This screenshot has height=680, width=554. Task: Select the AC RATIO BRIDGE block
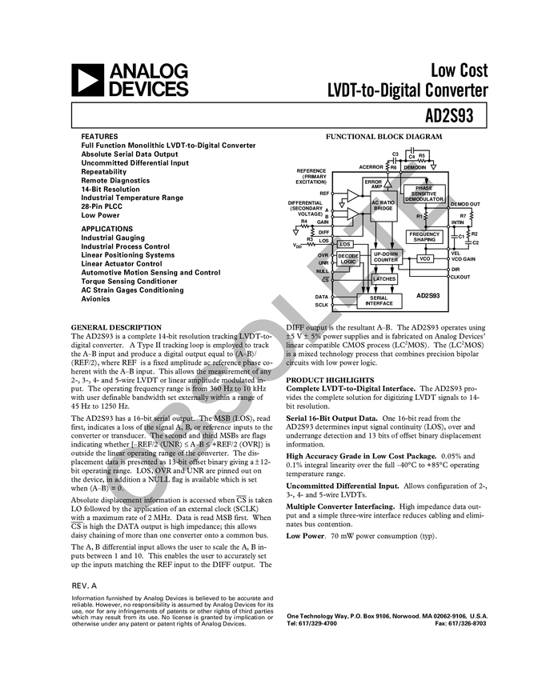[x=383, y=205]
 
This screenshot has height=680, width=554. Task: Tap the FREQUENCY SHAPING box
[x=424, y=237]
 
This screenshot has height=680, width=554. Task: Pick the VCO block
[x=424, y=259]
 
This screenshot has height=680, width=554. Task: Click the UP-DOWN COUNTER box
[x=385, y=257]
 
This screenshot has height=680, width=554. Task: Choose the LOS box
[x=345, y=244]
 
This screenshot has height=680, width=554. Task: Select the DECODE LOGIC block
[x=347, y=258]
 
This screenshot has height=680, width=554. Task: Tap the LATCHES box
[x=384, y=279]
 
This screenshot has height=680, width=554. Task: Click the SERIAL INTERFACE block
[x=379, y=301]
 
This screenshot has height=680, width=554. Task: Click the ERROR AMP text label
[x=373, y=184]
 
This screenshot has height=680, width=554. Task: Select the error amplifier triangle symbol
[x=388, y=183]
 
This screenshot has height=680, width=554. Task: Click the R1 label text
[x=419, y=216]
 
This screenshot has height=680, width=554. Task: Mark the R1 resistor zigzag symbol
[x=427, y=216]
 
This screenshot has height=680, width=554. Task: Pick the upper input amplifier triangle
[x=353, y=195]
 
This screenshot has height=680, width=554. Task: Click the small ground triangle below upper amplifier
[x=343, y=205]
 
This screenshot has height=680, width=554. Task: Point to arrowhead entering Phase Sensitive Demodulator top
[x=427, y=182]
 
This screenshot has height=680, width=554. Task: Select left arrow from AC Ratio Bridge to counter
[x=376, y=244]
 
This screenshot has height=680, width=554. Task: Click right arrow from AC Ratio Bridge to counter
[x=392, y=244]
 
